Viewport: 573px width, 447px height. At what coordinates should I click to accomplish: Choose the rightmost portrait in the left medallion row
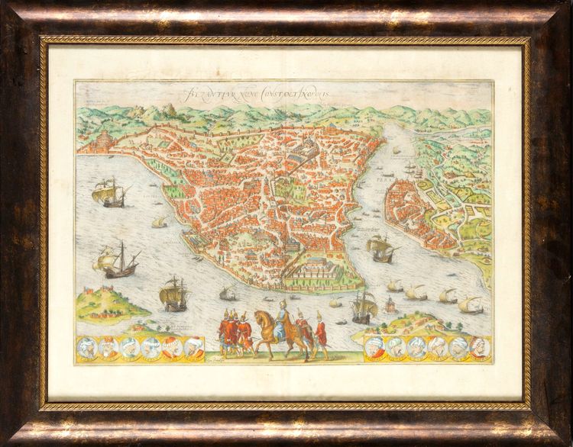pyautogui.click(x=194, y=348)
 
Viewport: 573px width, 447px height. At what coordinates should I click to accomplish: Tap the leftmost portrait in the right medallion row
pyautogui.click(x=375, y=347)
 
